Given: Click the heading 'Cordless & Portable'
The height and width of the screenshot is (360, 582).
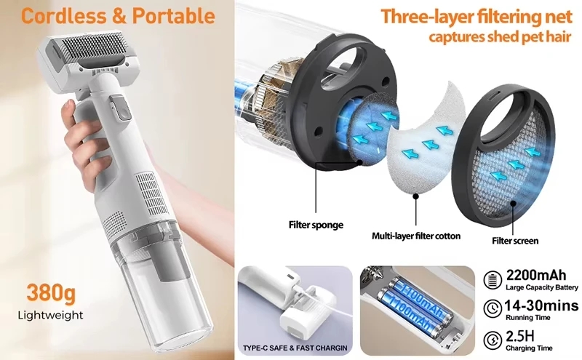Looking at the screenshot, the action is (x=118, y=16).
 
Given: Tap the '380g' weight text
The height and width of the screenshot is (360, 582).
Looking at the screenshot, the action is (x=51, y=293).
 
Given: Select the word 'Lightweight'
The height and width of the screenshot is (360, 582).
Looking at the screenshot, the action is (x=50, y=316).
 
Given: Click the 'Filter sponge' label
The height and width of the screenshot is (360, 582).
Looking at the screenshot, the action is (x=316, y=225).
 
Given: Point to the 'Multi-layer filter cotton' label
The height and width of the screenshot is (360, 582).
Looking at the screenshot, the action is (x=416, y=236).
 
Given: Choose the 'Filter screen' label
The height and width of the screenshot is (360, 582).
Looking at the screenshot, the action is (x=515, y=241).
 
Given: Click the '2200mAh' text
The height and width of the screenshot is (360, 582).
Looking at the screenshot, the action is (x=536, y=276).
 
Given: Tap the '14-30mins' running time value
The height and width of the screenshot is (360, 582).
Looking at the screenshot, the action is (x=541, y=305).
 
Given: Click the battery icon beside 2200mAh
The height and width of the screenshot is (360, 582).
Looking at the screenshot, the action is (x=493, y=279).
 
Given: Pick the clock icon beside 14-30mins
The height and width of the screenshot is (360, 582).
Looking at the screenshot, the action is (x=493, y=308).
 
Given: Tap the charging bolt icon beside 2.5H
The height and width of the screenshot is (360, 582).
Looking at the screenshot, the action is (x=493, y=340).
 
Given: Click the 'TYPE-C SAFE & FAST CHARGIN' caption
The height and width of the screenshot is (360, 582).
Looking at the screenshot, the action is (x=295, y=348).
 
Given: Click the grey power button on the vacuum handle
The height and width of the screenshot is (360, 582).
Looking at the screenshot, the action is (x=121, y=108).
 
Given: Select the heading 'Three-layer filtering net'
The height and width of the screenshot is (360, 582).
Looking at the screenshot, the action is (x=477, y=16).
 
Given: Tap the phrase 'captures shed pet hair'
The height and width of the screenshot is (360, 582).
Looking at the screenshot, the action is (x=500, y=37).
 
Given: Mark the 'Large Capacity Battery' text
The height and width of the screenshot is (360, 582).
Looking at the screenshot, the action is (x=542, y=287).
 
